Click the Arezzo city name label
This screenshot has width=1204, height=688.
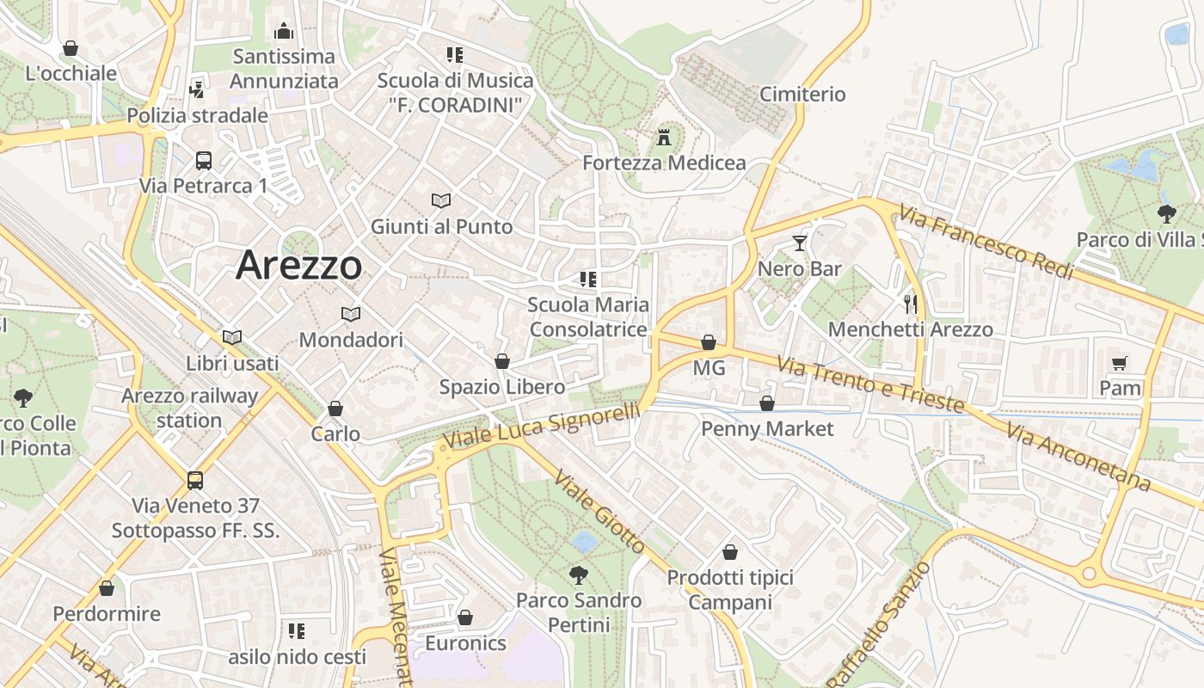click(298, 265)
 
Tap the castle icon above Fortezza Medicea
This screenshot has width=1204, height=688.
click(663, 138)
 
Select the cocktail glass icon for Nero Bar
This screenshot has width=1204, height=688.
click(800, 243)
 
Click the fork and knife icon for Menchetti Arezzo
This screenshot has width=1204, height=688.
click(911, 304)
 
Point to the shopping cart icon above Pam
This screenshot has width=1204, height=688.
click(1119, 363)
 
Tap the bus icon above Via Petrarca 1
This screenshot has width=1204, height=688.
click(204, 160)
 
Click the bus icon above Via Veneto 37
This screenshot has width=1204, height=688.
click(195, 480)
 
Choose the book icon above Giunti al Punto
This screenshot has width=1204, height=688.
click(441, 200)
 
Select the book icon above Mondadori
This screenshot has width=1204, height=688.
click(350, 314)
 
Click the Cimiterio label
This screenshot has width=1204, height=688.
click(802, 94)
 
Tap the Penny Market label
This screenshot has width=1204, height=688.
click(767, 428)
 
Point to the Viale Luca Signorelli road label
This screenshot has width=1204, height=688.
click(541, 427)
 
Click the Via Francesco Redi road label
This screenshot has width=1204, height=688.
click(987, 242)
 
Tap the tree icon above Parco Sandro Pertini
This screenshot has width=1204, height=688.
click(579, 574)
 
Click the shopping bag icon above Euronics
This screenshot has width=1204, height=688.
click(465, 617)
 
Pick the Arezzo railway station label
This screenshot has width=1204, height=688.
click(189, 408)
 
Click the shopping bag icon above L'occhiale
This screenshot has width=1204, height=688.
click(71, 48)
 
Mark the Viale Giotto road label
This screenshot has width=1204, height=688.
click(599, 512)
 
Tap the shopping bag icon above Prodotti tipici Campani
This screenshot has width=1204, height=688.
click(730, 552)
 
